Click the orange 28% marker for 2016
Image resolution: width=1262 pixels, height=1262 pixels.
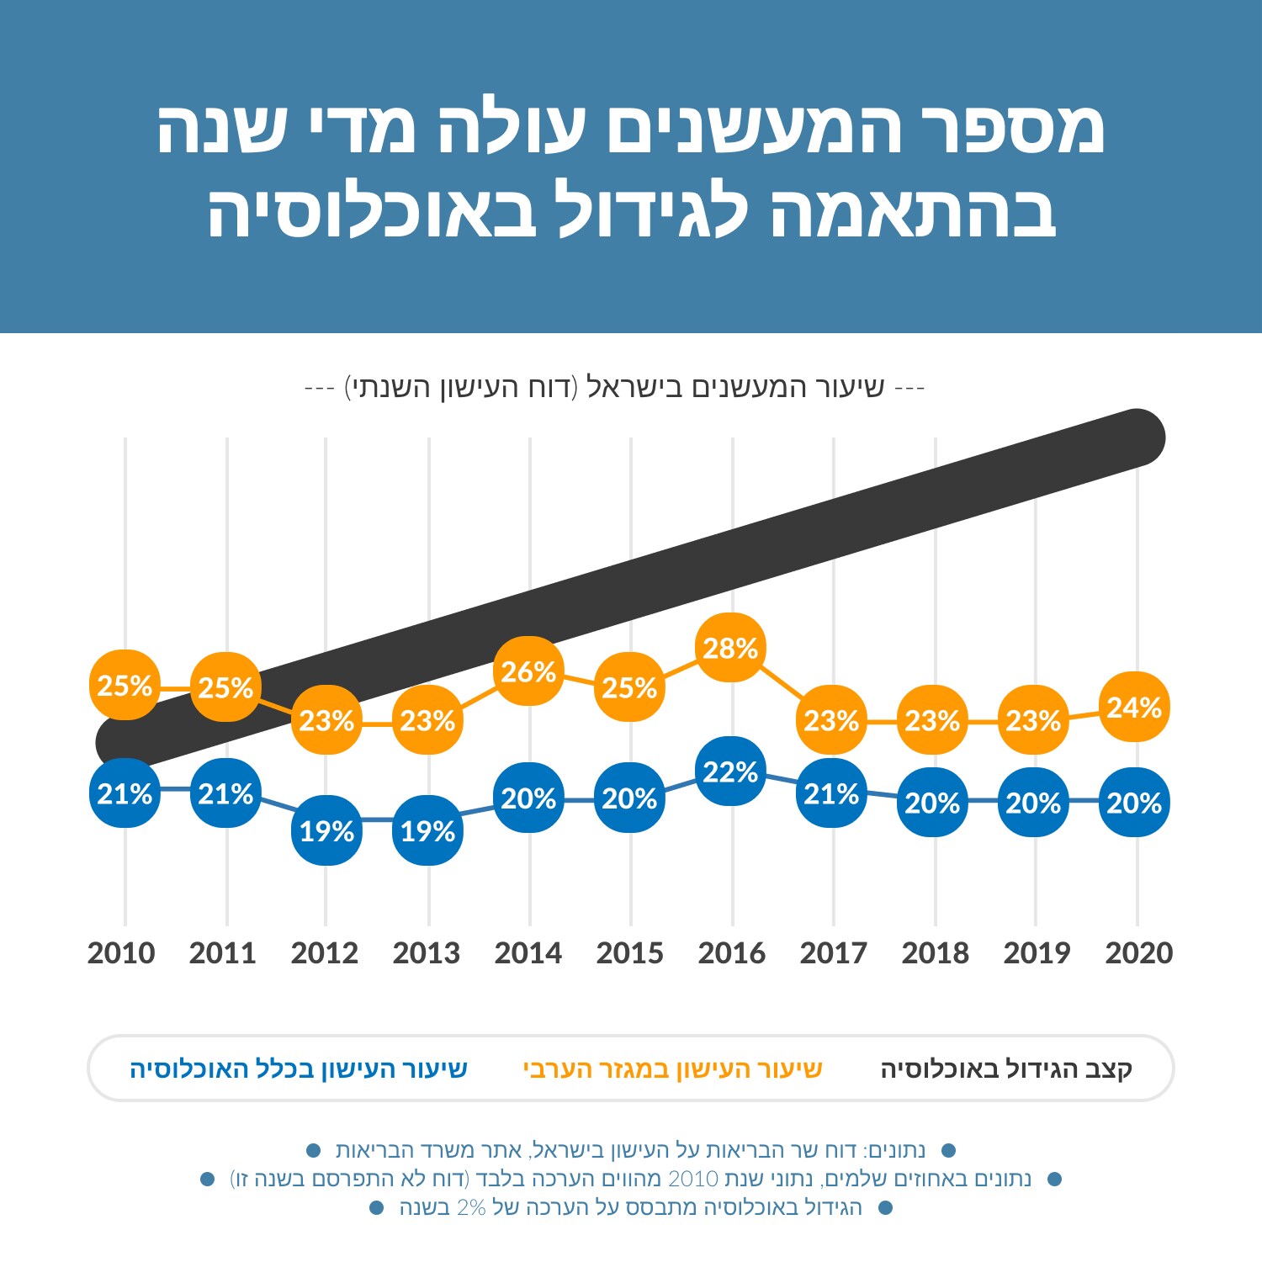tap(731, 648)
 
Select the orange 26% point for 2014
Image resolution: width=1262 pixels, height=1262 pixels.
tap(529, 671)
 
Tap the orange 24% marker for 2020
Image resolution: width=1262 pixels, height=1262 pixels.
tap(1135, 707)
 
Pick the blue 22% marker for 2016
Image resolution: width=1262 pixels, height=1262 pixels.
tap(731, 772)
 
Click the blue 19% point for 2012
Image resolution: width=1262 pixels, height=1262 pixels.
tap(327, 830)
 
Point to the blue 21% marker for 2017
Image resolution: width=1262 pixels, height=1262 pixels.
tap(832, 793)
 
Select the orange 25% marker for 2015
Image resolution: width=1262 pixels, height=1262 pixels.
tap(630, 687)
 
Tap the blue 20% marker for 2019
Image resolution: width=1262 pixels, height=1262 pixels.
tap(1034, 803)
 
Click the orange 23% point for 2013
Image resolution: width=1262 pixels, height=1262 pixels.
tap(428, 720)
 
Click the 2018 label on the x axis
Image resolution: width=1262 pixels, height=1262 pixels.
tap(935, 953)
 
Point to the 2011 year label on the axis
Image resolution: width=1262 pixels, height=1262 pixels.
tap(223, 953)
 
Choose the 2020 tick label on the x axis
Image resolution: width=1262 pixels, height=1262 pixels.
tap(1138, 953)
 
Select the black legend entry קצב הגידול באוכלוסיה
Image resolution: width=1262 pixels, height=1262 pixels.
tap(1006, 1069)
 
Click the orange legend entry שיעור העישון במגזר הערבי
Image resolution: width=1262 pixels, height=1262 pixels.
tap(672, 1069)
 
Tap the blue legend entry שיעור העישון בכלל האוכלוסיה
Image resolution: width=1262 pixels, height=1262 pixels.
tap(299, 1069)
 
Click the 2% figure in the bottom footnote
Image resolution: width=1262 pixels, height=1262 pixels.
tap(471, 1208)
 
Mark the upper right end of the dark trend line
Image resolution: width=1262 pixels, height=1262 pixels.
tap(1137, 437)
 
